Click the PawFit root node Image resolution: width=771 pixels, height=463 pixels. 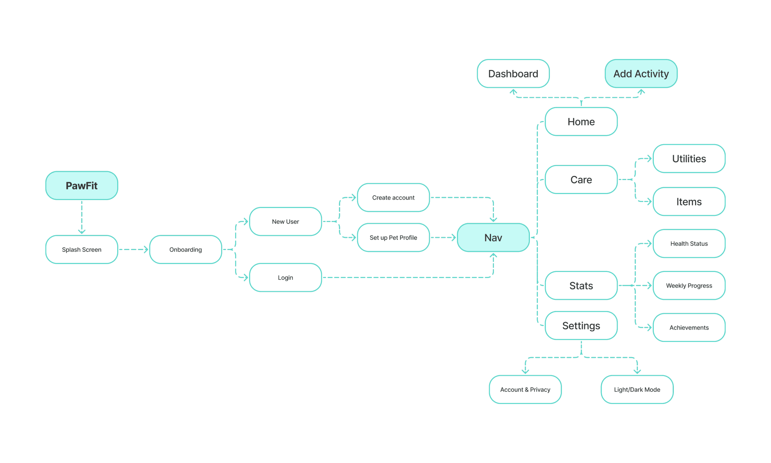(82, 185)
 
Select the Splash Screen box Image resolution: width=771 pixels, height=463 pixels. (82, 249)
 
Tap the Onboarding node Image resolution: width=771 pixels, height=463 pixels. (186, 249)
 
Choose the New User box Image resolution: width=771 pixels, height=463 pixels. (285, 221)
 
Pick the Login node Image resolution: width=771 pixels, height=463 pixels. (285, 277)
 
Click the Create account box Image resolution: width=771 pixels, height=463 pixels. (393, 197)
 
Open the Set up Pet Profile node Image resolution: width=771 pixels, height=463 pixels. (393, 238)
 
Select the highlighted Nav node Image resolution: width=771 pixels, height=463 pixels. (493, 238)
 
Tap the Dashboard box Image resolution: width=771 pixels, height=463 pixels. (513, 73)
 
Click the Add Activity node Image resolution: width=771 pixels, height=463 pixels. (641, 73)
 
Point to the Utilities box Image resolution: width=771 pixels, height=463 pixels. (689, 158)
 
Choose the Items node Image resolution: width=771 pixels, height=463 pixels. (689, 202)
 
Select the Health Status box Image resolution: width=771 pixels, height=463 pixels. (689, 244)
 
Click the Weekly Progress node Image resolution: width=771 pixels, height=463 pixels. (689, 286)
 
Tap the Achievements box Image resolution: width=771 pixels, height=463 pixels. (689, 328)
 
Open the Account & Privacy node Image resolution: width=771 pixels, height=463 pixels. (525, 390)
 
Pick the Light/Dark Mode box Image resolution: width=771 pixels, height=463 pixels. (637, 390)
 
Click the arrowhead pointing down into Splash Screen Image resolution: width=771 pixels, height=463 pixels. (82, 231)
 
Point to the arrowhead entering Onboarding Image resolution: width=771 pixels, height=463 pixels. (146, 249)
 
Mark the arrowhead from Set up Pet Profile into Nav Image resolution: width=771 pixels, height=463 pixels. (454, 238)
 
